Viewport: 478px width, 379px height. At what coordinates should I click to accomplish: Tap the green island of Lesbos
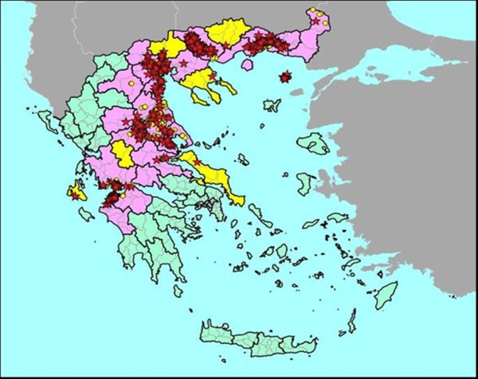[x=313, y=144]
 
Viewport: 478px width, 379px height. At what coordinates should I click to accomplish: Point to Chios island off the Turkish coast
[x=306, y=184]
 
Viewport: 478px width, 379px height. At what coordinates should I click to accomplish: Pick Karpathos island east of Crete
[x=351, y=320]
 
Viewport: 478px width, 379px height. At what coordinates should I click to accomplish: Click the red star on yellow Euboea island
[x=197, y=162]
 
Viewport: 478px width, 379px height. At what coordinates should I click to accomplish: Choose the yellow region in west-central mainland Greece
[x=123, y=151]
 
